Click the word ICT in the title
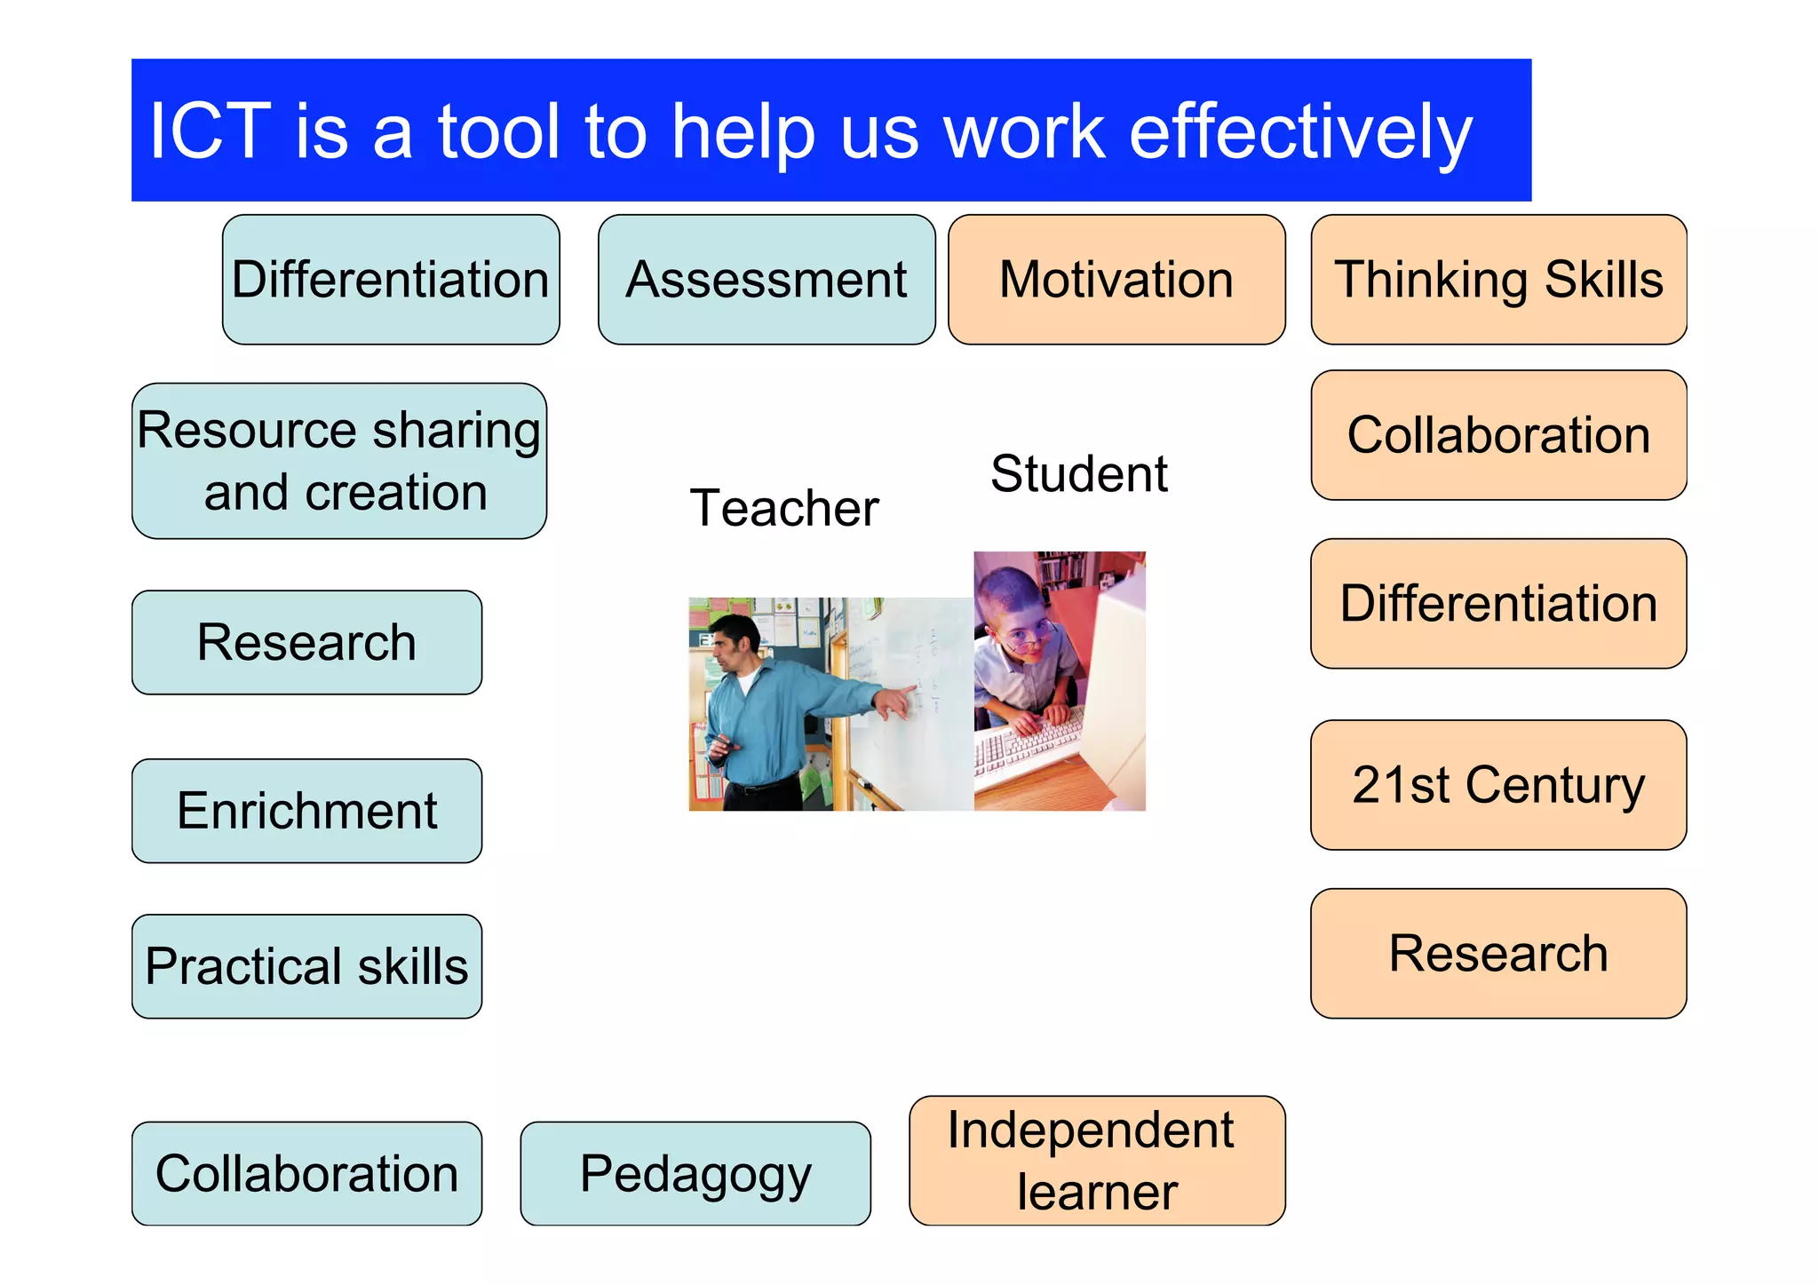coord(209,131)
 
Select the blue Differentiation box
coord(391,280)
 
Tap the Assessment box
coord(767,280)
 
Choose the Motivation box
coord(1116,280)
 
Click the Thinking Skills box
coord(1498,280)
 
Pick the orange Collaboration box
coord(1498,435)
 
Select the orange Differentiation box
coord(1498,604)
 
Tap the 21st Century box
coord(1498,785)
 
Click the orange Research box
coord(1498,954)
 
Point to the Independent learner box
coord(1097,1161)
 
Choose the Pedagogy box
coord(695,1174)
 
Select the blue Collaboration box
coord(306,1174)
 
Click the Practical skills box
coord(306,966)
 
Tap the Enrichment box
coord(306,811)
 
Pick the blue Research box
coord(306,642)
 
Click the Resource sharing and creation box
coord(339,461)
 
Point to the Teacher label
coord(784,508)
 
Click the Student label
coord(1079,473)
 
